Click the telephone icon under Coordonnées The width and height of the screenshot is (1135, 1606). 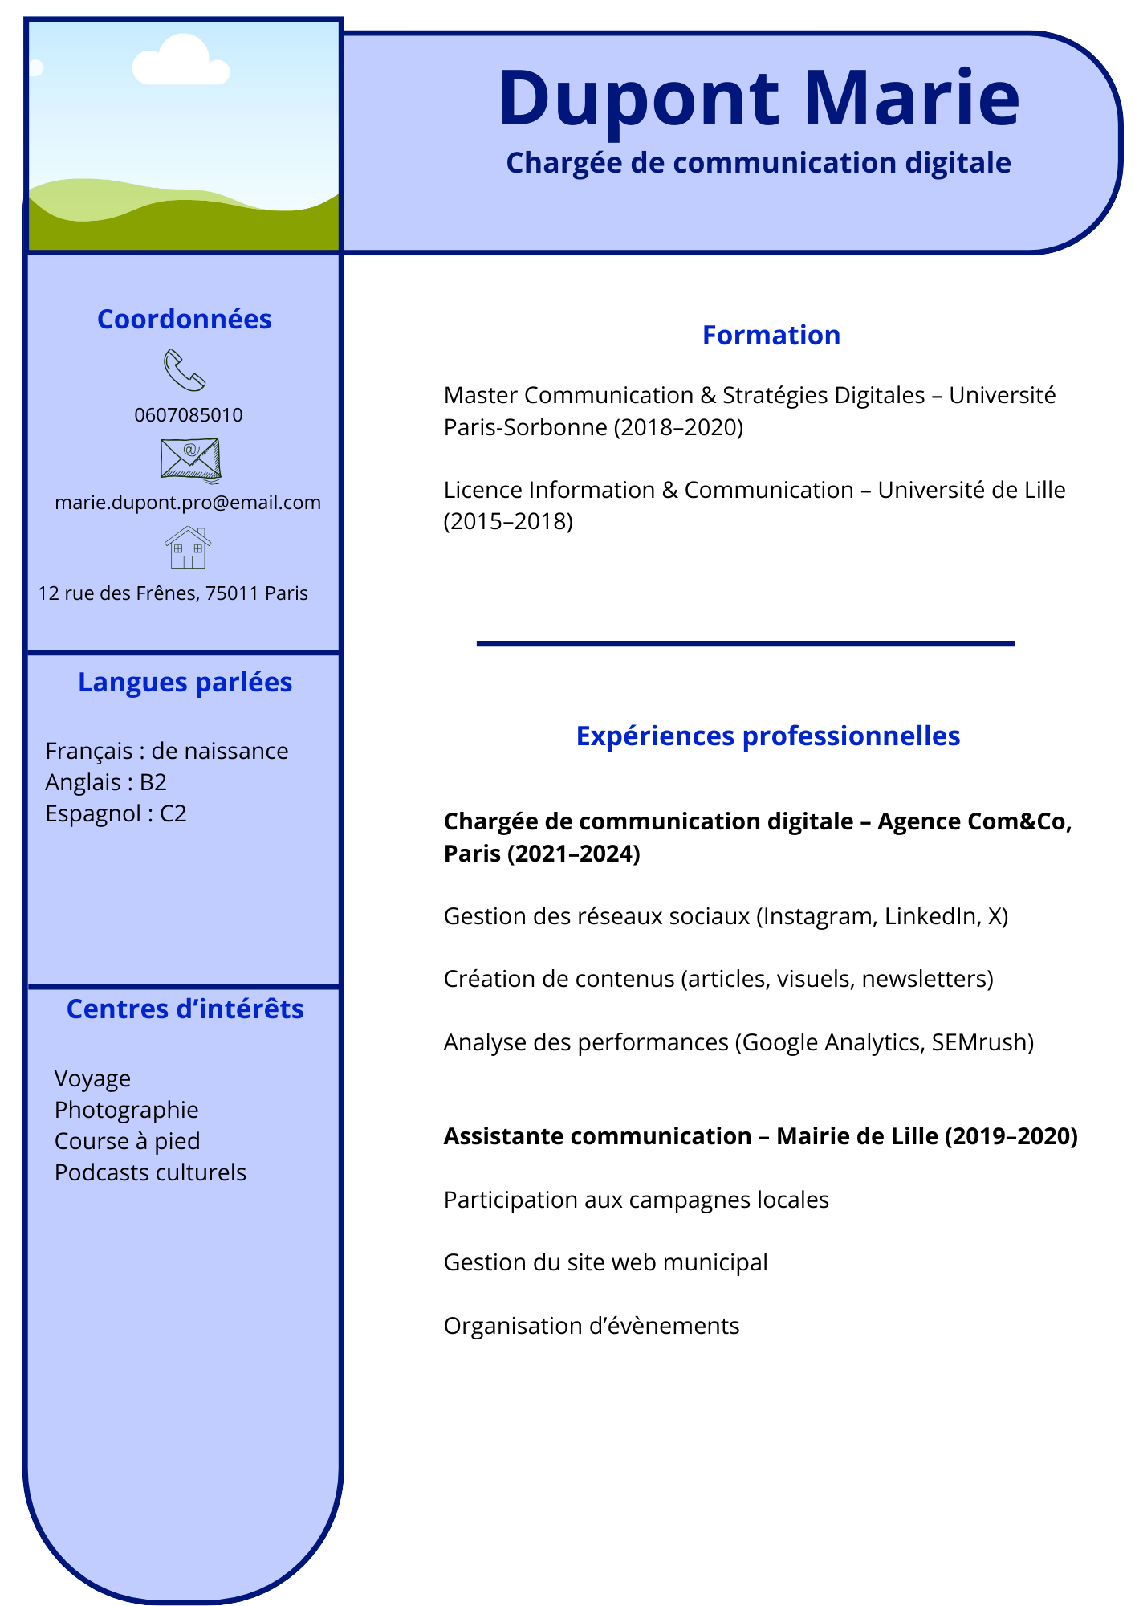(x=185, y=371)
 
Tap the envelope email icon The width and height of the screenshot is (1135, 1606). (x=190, y=460)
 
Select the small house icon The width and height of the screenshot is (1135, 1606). (x=188, y=548)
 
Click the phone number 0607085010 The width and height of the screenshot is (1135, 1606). (x=189, y=415)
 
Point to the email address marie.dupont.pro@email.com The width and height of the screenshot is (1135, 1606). (x=188, y=503)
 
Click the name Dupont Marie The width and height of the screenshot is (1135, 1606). (x=759, y=99)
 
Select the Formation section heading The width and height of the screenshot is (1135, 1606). (x=771, y=335)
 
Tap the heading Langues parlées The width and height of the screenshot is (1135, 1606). (x=185, y=682)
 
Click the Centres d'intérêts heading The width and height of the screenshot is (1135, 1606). (x=185, y=1009)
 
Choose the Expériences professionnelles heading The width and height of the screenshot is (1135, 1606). (x=768, y=736)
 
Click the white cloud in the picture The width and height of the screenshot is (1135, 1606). (x=181, y=61)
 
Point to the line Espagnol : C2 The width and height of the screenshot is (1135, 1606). (x=116, y=813)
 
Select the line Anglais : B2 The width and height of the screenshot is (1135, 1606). (x=106, y=782)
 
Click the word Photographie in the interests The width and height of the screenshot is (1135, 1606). (x=126, y=1110)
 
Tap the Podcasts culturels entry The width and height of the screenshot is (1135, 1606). (x=150, y=1172)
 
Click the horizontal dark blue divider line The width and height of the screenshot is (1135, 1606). (x=745, y=643)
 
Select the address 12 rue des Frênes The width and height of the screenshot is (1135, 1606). (x=173, y=593)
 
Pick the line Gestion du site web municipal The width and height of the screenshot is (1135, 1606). (x=605, y=1262)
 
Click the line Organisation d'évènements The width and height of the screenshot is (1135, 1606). (x=592, y=1326)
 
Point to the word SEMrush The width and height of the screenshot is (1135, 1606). (x=982, y=1042)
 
